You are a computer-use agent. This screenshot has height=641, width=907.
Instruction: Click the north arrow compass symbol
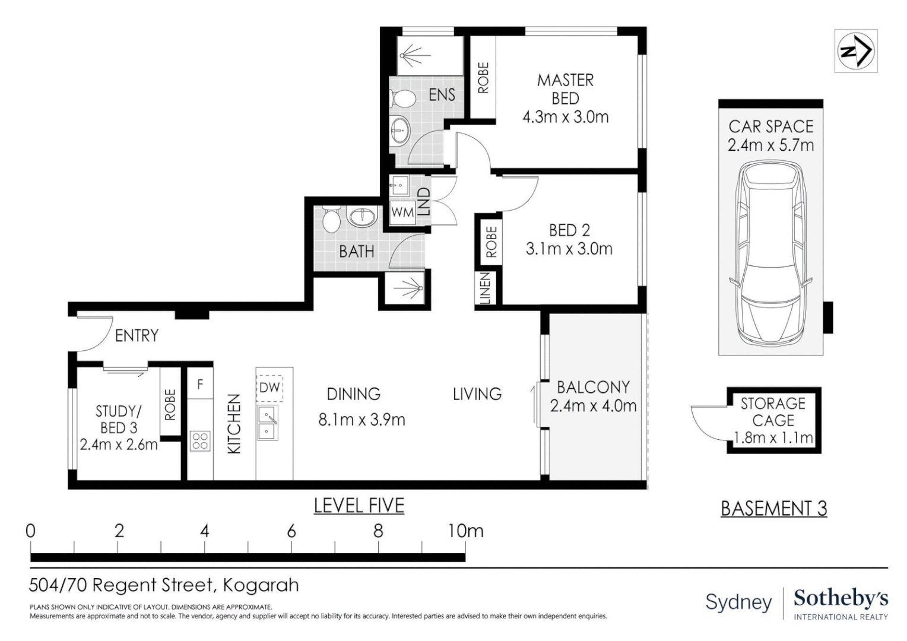pos(855,51)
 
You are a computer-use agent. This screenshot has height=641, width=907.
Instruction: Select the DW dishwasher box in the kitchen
pos(269,388)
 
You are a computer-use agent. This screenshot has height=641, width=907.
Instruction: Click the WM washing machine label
pos(402,212)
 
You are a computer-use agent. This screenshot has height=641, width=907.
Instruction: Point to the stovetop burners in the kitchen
pos(200,440)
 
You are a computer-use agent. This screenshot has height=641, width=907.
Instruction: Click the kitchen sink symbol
pos(268,423)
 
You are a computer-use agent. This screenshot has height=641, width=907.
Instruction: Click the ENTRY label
pos(137,336)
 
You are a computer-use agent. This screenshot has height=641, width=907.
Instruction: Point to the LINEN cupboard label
pos(485,288)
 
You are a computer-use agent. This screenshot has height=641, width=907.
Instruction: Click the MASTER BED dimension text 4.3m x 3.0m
pos(565,117)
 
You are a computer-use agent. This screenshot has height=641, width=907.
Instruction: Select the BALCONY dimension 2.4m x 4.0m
pos(593,406)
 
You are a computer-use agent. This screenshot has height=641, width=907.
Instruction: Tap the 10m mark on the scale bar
pos(465,531)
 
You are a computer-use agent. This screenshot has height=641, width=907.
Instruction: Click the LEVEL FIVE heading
pos(359,506)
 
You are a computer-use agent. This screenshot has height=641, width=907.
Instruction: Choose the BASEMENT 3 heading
pos(773,509)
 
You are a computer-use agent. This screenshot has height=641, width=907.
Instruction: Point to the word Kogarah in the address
pos(261,585)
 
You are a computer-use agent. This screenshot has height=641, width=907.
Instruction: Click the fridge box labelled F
pos(200,385)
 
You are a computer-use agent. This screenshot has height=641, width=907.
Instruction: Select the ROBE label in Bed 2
pos(491,242)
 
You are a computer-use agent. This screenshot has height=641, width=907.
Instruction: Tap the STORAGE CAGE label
pos(773,412)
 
